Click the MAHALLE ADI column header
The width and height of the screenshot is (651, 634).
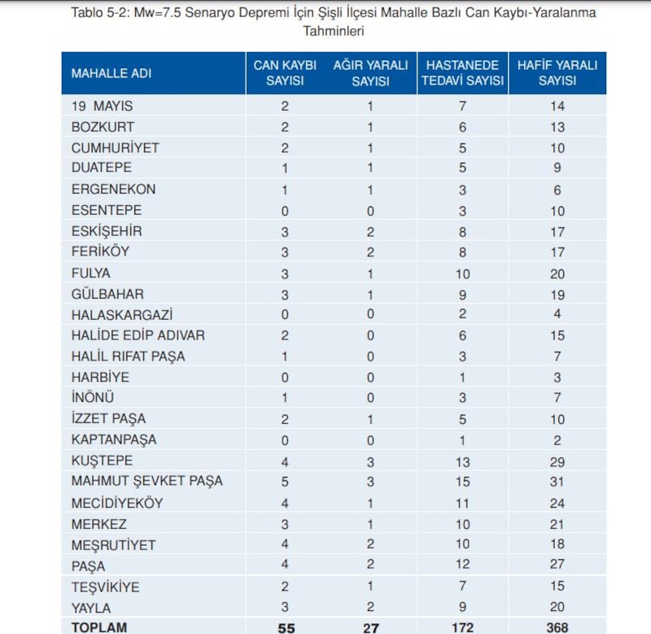pos(111,73)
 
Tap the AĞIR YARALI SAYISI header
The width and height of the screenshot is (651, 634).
pos(370,73)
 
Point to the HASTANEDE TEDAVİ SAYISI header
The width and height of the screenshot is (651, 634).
pos(463,73)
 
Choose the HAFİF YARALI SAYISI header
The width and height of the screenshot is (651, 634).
pos(557,73)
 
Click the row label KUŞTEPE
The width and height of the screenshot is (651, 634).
pos(102,461)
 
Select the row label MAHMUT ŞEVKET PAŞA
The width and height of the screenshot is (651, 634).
pos(146,481)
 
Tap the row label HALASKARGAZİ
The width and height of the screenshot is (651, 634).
pos(122,314)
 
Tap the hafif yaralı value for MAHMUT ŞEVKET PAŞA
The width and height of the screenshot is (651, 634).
pos(557,481)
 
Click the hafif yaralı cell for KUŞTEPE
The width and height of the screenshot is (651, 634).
pos(557,461)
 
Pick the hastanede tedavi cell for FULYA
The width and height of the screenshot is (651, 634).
pos(463,273)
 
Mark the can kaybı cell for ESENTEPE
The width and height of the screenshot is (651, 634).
pos(285,210)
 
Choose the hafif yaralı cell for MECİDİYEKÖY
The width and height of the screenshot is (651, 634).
pos(557,503)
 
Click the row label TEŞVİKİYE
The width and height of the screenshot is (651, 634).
pos(106,586)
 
